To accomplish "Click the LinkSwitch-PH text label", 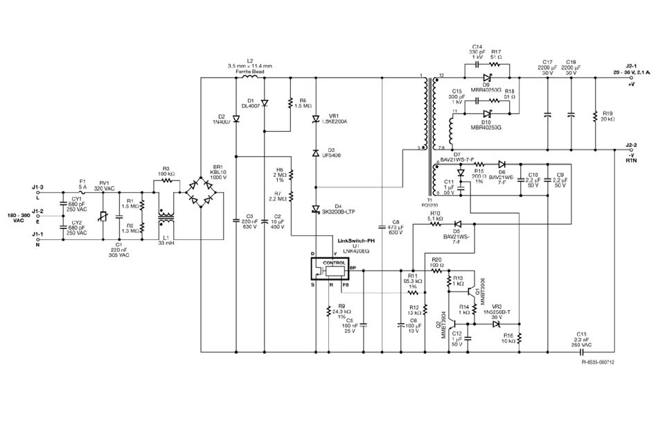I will pos(355,240).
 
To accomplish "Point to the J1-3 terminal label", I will pos(37,186).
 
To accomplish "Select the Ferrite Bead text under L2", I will pos(250,71).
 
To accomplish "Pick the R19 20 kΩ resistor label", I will pos(608,116).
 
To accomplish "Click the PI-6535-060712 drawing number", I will pos(598,362).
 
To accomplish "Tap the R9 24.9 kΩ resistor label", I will pos(341,311).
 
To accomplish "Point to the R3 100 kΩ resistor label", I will pos(166,171).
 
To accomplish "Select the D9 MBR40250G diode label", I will pos(486,87).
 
